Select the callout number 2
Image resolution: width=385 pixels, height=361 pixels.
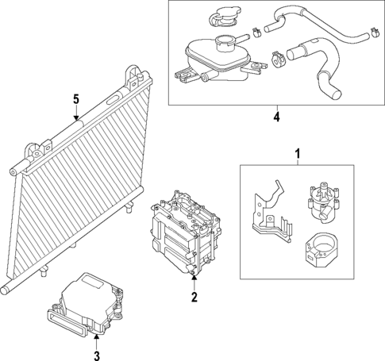[193, 298]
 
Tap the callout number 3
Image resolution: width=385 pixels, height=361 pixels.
[97, 356]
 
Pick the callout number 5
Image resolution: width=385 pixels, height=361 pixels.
[76, 99]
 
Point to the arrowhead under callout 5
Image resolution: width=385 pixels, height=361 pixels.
[76, 118]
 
